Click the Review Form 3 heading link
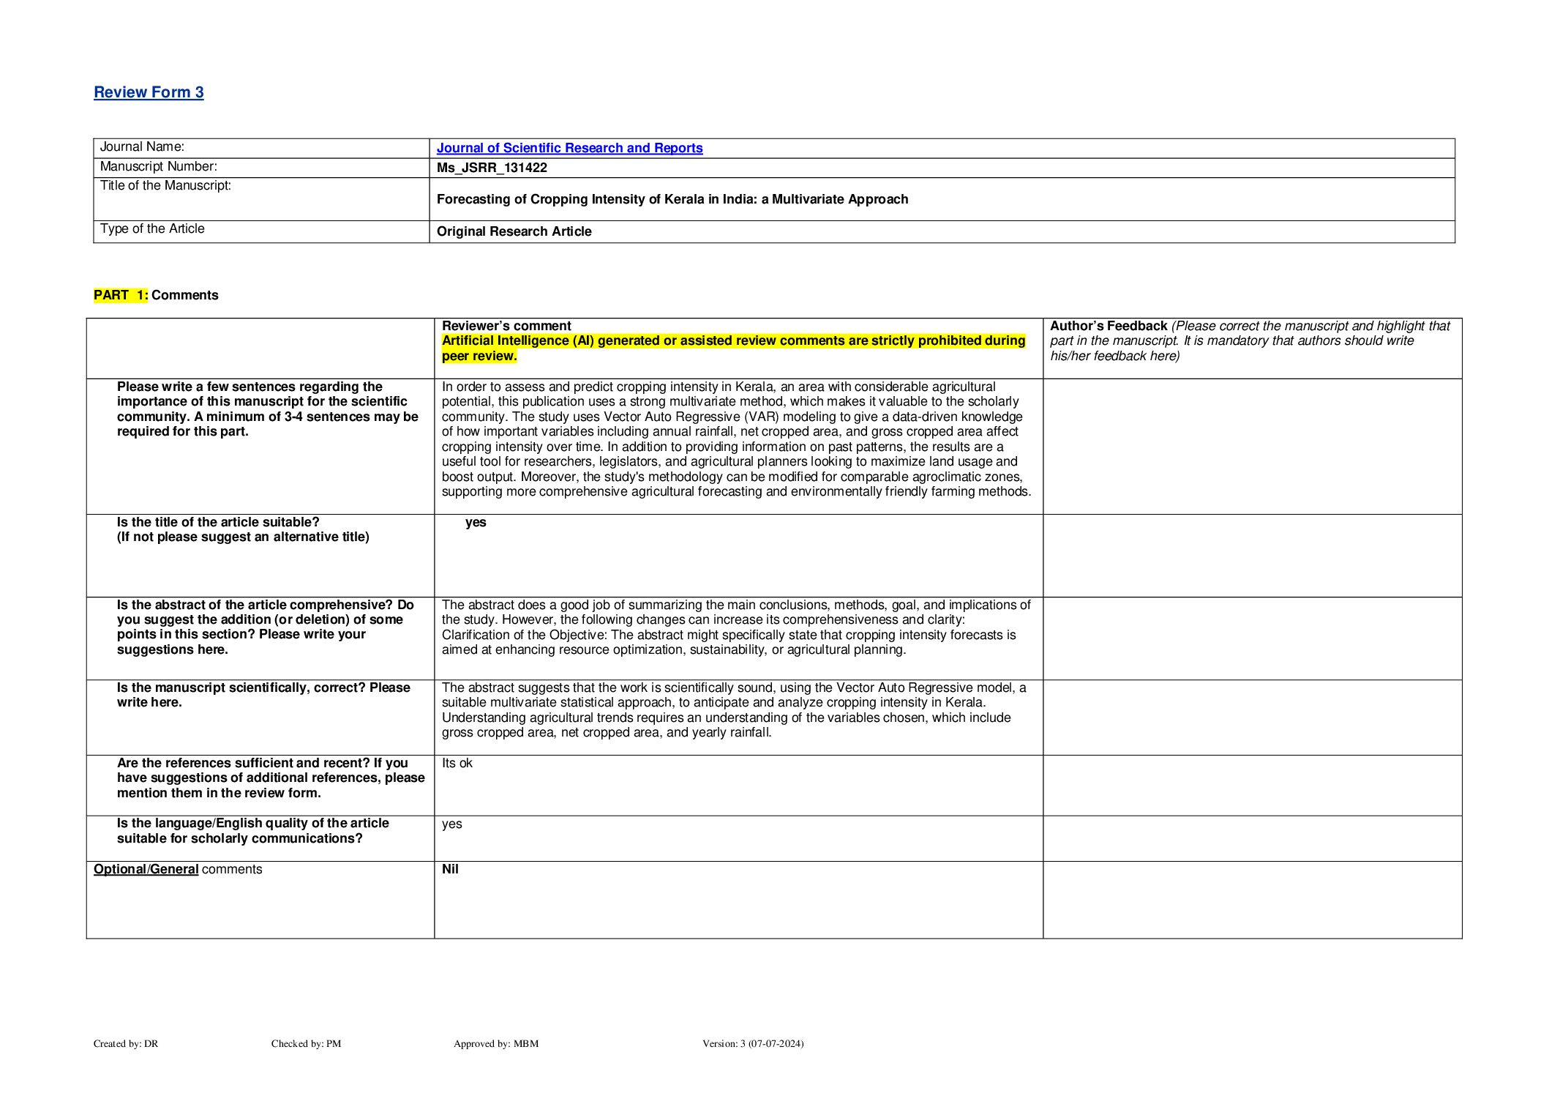[x=149, y=92]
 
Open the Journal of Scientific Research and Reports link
[x=569, y=148]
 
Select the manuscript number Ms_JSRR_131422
[x=492, y=168]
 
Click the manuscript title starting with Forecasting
[x=672, y=199]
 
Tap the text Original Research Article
[x=514, y=231]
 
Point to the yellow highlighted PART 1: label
[x=121, y=295]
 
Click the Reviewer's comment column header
[x=506, y=326]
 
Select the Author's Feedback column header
[x=1108, y=326]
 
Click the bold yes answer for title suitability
[x=476, y=522]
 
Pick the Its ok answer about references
[x=457, y=763]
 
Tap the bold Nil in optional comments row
[x=450, y=869]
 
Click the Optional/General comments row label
[x=177, y=869]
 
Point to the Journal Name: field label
[x=142, y=147]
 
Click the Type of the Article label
[x=152, y=228]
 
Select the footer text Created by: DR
[x=126, y=1043]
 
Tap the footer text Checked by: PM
[x=306, y=1043]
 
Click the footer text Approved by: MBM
[x=495, y=1043]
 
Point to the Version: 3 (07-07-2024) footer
[x=752, y=1043]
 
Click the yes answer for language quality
[x=451, y=824]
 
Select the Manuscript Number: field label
[x=158, y=166]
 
